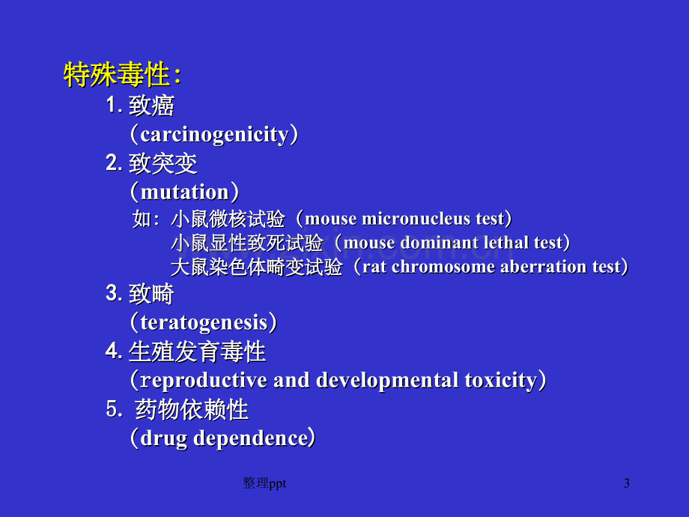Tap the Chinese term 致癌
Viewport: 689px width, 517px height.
tap(151, 106)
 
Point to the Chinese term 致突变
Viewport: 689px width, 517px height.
tap(163, 163)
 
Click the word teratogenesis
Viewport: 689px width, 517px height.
tap(204, 322)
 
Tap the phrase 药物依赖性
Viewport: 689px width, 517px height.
tap(192, 409)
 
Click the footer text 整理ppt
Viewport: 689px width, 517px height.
tap(264, 483)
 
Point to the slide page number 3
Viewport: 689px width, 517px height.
tap(627, 483)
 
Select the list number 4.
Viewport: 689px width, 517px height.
tap(112, 351)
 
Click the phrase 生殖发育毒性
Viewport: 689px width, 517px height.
tap(197, 351)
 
